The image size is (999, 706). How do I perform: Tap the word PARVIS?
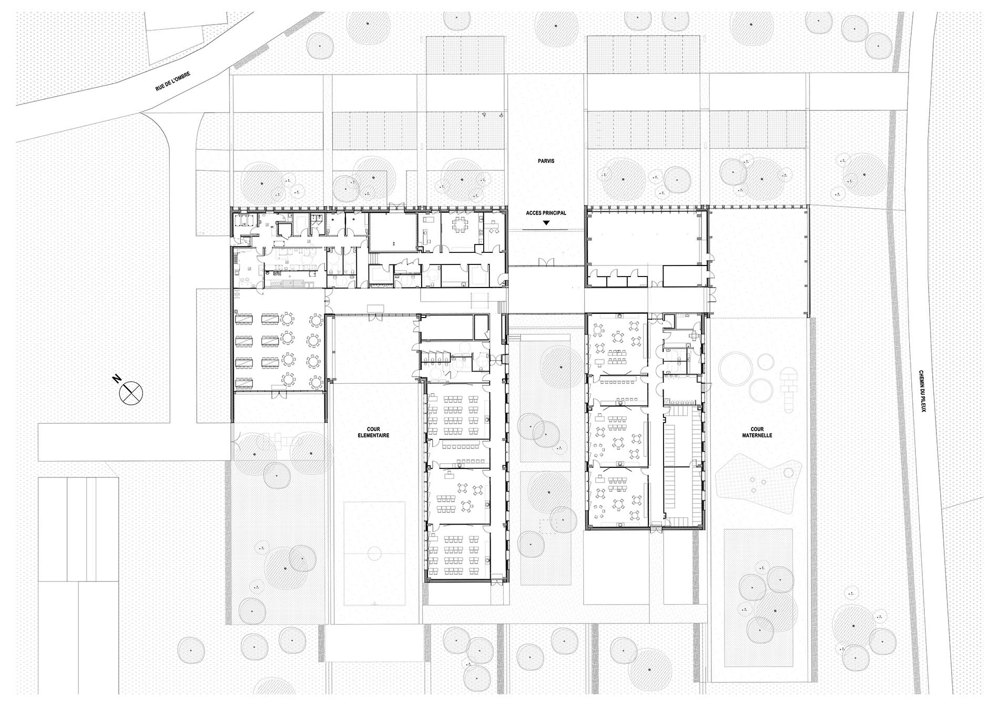546,161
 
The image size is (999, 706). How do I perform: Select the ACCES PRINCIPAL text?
546,213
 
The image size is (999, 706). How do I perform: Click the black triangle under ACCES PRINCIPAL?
546,223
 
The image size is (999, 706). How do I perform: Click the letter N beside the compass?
117,378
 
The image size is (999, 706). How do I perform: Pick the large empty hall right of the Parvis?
646,237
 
